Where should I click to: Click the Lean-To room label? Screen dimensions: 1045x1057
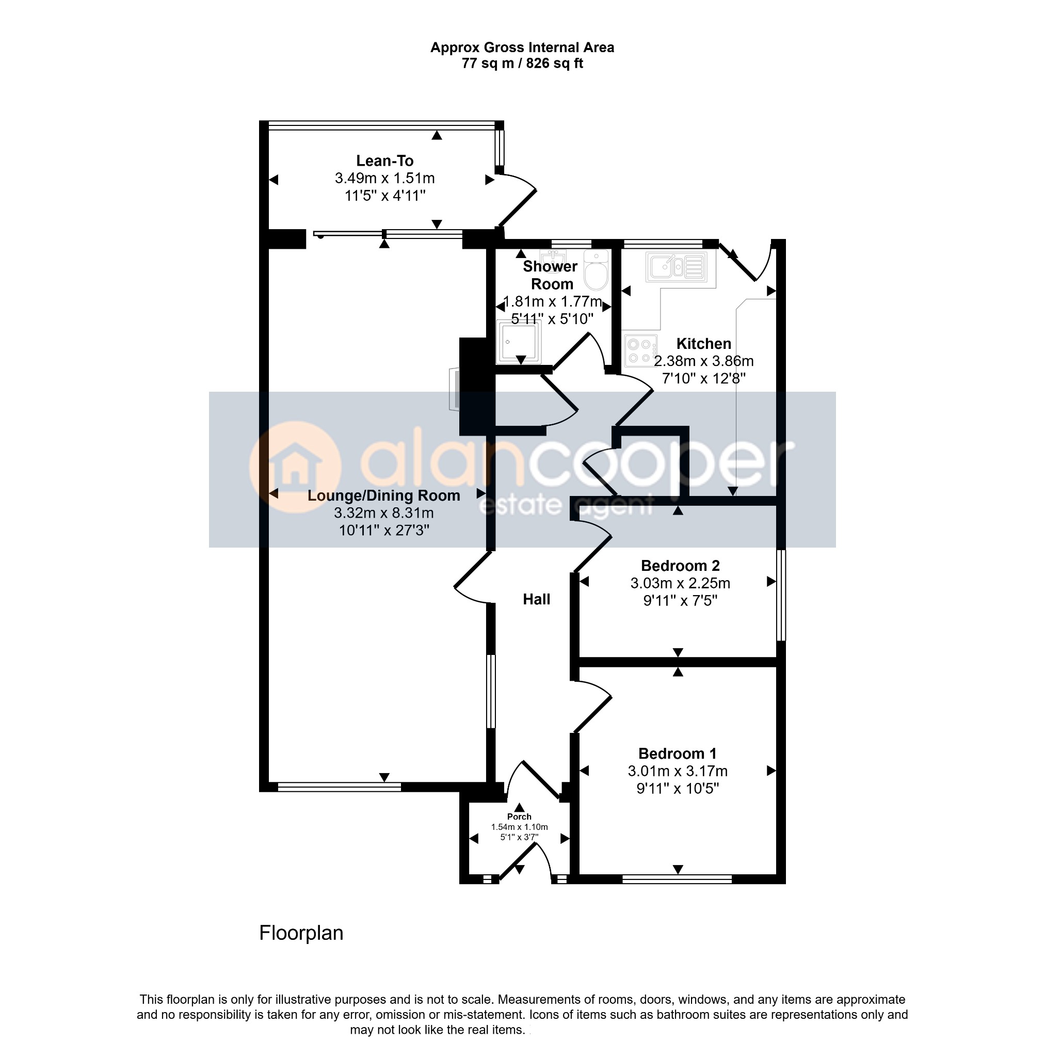click(x=384, y=161)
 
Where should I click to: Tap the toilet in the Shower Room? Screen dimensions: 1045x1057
click(x=596, y=270)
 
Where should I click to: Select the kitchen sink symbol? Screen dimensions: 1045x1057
click(x=677, y=266)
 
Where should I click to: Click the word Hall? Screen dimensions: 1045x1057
click(x=536, y=600)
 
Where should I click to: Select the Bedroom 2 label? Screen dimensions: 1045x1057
click(x=680, y=566)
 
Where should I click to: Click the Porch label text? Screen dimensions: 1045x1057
click(x=519, y=817)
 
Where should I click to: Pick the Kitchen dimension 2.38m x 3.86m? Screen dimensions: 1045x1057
click(x=703, y=361)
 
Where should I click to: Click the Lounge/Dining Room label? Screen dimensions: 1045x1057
click(x=383, y=495)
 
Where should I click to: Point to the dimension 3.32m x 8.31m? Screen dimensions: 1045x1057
click(x=383, y=513)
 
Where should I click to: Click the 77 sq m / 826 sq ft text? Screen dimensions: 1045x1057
click(x=522, y=63)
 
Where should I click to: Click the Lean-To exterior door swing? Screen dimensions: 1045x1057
click(x=517, y=200)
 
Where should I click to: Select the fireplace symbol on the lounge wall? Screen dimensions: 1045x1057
click(x=454, y=389)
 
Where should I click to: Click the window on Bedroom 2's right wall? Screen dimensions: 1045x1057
click(x=781, y=595)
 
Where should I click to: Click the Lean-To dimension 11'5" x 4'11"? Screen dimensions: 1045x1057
click(x=384, y=196)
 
